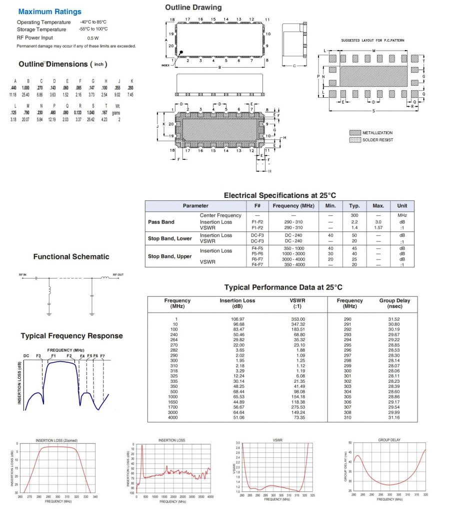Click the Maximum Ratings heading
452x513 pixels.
tap(49, 12)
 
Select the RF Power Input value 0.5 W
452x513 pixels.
tap(93, 38)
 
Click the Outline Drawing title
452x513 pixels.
tap(193, 8)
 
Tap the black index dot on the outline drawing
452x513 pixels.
tap(182, 53)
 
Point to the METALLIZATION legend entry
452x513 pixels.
tap(377, 133)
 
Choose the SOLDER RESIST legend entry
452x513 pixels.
tap(377, 140)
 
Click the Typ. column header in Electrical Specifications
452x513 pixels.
tap(354, 206)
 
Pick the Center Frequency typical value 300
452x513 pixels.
tap(354, 215)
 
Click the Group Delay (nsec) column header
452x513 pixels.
tap(394, 304)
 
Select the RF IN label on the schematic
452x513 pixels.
tap(23, 275)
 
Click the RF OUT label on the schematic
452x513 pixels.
tap(118, 275)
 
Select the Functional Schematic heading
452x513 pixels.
tap(71, 257)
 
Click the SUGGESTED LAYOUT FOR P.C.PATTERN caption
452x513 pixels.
tap(372, 40)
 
